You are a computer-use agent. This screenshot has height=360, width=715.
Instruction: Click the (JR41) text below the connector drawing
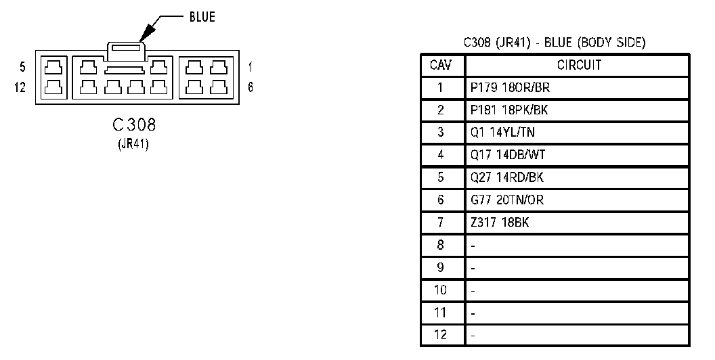click(x=135, y=143)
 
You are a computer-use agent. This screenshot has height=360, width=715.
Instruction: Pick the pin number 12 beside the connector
click(x=21, y=87)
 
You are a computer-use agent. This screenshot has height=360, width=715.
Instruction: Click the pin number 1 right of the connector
click(x=251, y=68)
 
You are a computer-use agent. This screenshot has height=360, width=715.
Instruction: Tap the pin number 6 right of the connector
click(x=251, y=87)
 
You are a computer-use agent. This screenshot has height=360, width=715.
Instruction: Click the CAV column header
click(x=441, y=66)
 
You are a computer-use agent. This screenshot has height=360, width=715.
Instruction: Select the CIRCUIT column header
click(x=579, y=66)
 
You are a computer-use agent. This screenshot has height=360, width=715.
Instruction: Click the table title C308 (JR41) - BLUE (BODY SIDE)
click(x=554, y=43)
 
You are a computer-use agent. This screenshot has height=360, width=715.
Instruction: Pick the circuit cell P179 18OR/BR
click(x=505, y=88)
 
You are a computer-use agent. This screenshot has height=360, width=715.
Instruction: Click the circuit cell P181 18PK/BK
click(x=505, y=110)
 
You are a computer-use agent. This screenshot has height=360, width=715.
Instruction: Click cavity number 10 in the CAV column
click(x=441, y=290)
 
